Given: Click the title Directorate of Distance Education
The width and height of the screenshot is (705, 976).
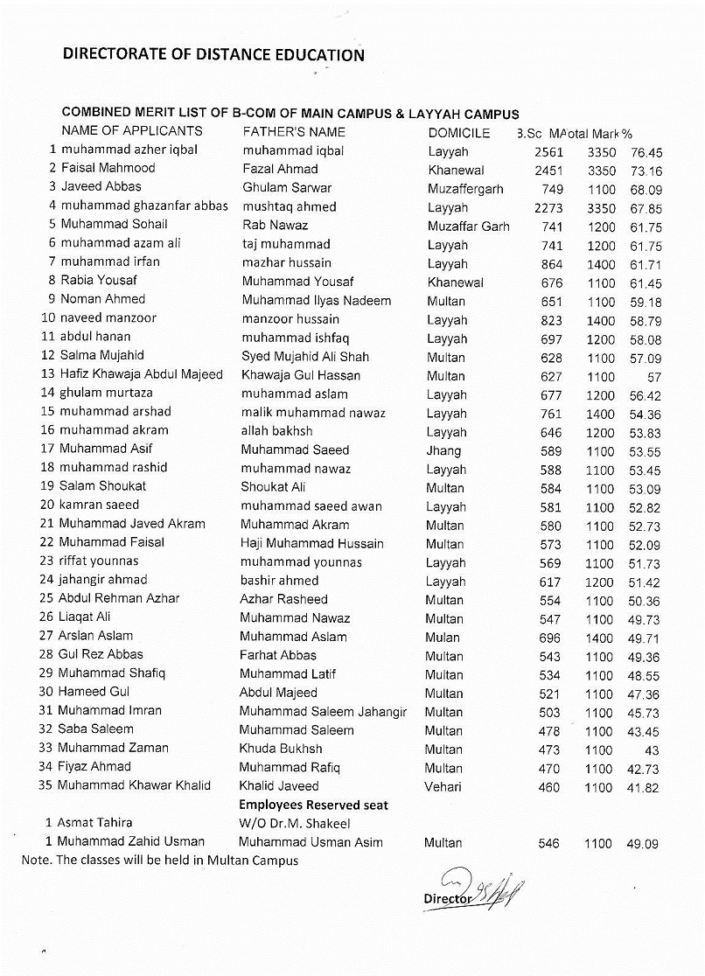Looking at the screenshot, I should (x=213, y=55).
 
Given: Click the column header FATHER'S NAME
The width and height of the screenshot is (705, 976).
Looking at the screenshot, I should (x=293, y=132).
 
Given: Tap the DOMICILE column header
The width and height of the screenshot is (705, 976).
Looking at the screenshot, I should (x=458, y=132).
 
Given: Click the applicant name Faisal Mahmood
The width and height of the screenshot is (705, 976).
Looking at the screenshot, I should (x=108, y=168).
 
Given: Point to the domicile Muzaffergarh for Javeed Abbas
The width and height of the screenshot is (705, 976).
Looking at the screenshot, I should (x=465, y=189).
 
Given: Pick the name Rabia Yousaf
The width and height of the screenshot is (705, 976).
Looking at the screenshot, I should (x=99, y=281).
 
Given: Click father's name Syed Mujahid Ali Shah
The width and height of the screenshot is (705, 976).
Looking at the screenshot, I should (x=305, y=357).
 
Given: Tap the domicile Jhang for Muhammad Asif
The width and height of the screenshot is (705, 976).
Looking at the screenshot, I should (x=443, y=450).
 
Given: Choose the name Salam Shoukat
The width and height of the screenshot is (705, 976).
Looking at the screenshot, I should (x=102, y=486).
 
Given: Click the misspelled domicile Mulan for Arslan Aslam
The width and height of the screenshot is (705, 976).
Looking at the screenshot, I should (x=443, y=638).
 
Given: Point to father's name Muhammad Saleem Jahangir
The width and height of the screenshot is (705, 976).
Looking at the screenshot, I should (x=323, y=712).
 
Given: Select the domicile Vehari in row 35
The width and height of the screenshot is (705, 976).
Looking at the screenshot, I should (x=443, y=787).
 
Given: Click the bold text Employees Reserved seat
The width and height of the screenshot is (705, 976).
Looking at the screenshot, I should (x=313, y=805).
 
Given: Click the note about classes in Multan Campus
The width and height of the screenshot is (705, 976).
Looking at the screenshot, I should (x=160, y=861).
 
